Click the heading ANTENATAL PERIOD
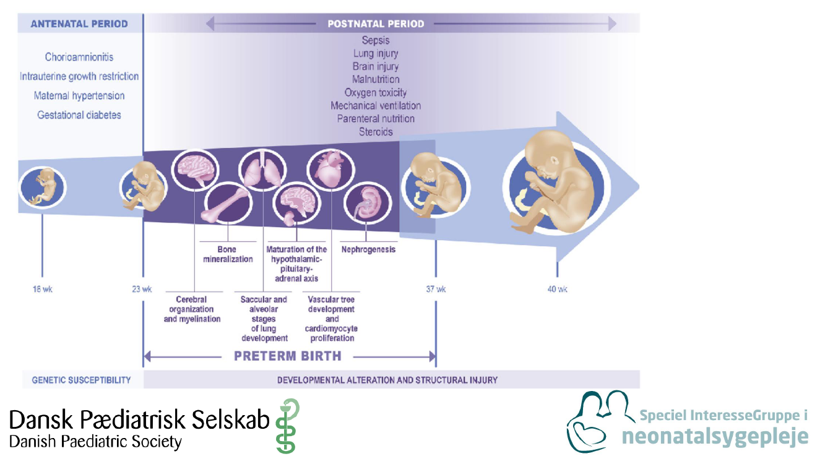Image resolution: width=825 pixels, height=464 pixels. click(x=79, y=24)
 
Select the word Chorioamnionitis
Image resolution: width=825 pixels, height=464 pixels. click(x=79, y=58)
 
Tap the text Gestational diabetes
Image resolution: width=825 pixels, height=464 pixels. click(x=79, y=115)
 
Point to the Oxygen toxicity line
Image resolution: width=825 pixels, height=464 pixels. click(x=376, y=93)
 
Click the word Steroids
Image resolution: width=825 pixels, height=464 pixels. click(x=376, y=132)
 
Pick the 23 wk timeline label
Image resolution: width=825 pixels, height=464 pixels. click(x=142, y=289)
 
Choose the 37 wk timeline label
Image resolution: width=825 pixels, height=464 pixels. click(x=436, y=289)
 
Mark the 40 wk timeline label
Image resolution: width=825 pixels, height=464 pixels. click(x=557, y=289)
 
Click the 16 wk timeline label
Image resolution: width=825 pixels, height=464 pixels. click(x=43, y=289)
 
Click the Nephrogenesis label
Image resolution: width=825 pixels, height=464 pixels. click(x=368, y=249)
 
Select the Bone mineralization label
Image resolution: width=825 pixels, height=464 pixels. click(x=228, y=254)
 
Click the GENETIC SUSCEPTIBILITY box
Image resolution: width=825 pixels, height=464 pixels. click(x=81, y=380)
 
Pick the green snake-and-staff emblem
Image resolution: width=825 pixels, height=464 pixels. click(x=286, y=426)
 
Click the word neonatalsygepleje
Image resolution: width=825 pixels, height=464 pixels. click(x=715, y=436)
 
